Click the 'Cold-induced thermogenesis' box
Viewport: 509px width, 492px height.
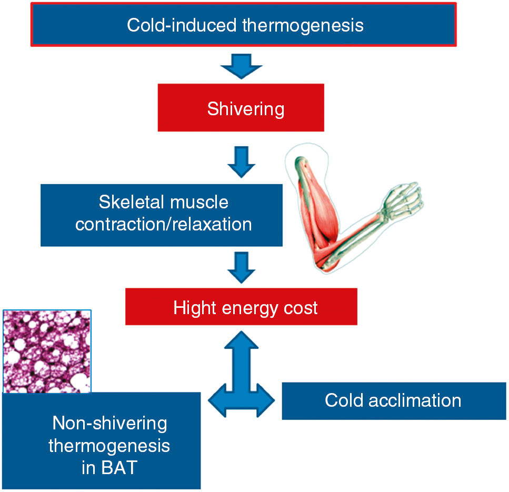[243, 25]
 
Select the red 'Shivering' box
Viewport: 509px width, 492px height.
[241, 109]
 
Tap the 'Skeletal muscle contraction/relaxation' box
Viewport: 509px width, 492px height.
[162, 214]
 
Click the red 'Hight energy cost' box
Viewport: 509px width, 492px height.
[241, 306]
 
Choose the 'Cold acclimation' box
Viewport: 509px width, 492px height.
[394, 400]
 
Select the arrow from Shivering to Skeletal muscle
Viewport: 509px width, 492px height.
[241, 163]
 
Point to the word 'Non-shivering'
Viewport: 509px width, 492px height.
[109, 423]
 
